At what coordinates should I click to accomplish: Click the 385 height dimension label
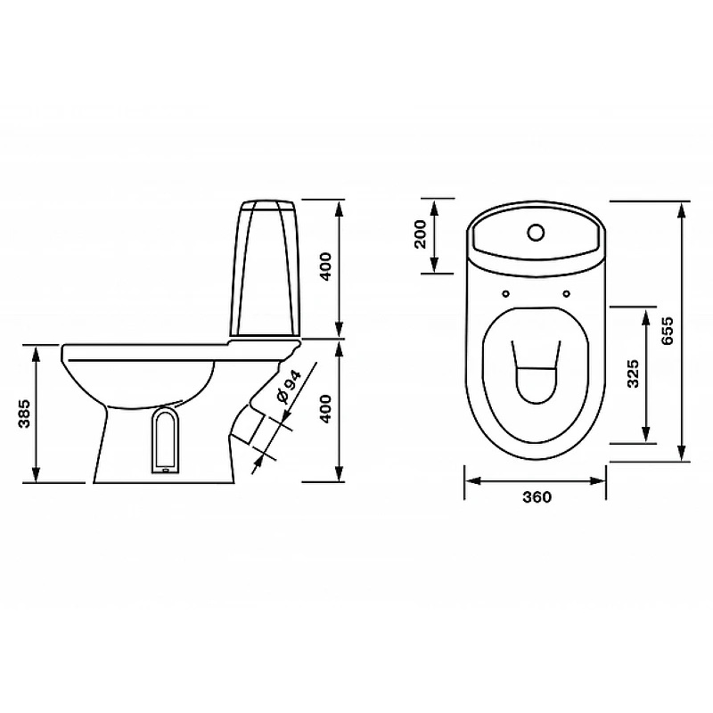pos(24,414)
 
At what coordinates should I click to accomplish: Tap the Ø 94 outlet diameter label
pos(289,387)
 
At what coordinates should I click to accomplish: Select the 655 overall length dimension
pos(668,331)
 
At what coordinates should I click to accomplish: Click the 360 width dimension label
pos(537,497)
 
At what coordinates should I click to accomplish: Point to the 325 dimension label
pos(633,373)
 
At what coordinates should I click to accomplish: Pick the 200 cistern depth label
pos(421,234)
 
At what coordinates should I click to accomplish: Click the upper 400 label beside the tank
pos(326,266)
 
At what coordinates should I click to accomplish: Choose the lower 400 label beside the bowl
pos(326,409)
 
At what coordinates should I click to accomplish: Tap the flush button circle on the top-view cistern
pos(537,233)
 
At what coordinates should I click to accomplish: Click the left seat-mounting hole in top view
pos(506,294)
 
